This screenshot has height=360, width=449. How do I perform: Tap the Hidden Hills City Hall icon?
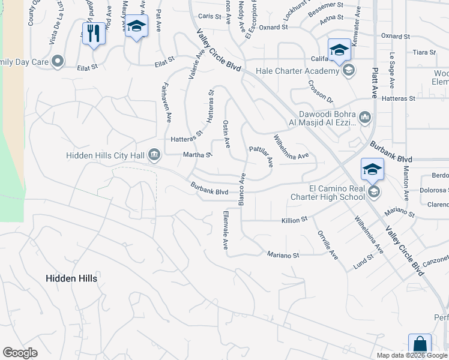pos(154,156)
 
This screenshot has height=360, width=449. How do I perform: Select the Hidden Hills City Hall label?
pos(105,156)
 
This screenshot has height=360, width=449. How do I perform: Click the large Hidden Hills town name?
pos(71,278)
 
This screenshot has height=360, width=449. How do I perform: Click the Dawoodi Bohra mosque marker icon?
pos(365,116)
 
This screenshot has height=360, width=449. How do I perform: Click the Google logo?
pos(20,353)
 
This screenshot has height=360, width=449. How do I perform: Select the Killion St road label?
pos(294,220)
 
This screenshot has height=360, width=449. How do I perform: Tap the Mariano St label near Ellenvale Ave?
pos(283,255)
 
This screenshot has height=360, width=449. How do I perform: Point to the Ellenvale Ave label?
pos(226,230)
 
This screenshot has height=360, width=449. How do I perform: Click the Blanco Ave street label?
pos(243,190)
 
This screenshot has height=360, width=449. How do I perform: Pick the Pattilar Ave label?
pos(262,155)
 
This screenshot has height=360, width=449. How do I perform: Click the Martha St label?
pos(197,155)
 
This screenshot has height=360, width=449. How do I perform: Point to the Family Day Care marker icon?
pos(58,61)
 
